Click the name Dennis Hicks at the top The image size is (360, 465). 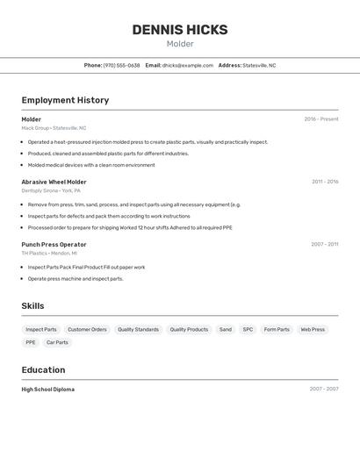click(x=180, y=30)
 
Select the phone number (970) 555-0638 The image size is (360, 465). click(x=121, y=65)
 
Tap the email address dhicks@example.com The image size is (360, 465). click(x=188, y=65)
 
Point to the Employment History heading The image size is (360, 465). click(x=65, y=100)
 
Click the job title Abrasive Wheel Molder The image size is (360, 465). click(x=54, y=182)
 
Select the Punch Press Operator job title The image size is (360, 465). click(x=54, y=244)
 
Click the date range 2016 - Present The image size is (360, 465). click(x=320, y=119)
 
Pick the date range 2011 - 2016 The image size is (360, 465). click(x=324, y=182)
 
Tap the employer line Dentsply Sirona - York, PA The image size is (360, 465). click(x=51, y=190)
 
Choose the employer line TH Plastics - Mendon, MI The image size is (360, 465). click(x=49, y=253)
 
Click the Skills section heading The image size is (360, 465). click(x=32, y=306)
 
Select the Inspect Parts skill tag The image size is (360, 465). click(x=41, y=330)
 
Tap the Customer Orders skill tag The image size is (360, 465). click(x=87, y=330)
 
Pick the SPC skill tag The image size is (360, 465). click(x=248, y=330)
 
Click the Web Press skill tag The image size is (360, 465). click(x=313, y=330)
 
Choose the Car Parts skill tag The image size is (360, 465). click(x=57, y=343)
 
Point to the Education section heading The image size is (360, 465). click(x=43, y=369)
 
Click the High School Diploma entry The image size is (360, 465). click(x=47, y=389)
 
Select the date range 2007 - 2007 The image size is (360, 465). click(x=323, y=389)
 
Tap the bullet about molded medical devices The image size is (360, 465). click(x=91, y=165)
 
